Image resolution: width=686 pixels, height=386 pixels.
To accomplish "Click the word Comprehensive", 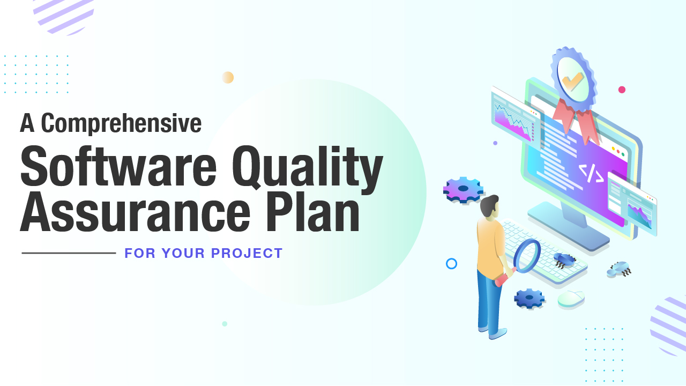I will (121, 124).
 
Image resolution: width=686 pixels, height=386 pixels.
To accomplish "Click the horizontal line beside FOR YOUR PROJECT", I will (69, 253).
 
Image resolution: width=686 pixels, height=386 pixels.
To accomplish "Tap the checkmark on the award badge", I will (573, 81).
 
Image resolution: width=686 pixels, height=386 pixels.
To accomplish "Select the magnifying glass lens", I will (527, 256).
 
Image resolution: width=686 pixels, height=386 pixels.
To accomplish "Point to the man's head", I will (489, 206).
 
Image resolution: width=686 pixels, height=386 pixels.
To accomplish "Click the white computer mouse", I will (571, 298).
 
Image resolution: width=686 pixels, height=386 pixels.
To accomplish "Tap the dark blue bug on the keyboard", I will (563, 261).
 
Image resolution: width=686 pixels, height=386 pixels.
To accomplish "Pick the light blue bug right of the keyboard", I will (619, 269).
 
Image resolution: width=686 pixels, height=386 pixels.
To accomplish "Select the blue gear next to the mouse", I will (529, 298).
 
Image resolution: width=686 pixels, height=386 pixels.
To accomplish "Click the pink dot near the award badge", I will (622, 90).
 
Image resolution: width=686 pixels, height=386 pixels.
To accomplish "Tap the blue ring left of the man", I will (451, 263).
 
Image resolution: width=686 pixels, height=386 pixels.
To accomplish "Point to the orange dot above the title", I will (228, 77).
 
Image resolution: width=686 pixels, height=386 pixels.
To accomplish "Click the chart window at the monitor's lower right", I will (633, 203).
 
